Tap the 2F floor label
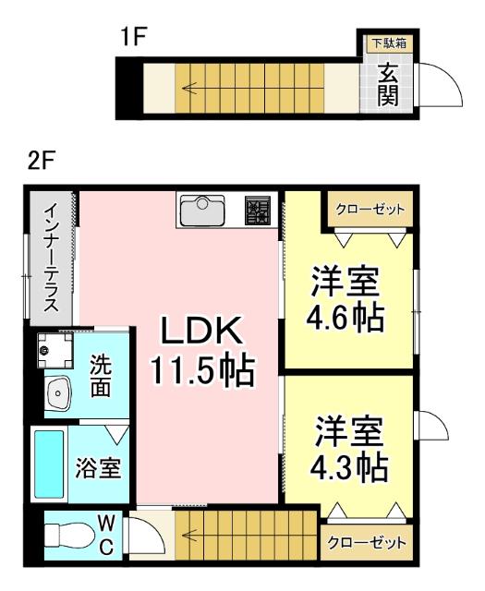42,160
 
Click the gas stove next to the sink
258,211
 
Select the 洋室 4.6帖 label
346,297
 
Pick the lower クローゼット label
367,543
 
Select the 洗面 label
102,378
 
